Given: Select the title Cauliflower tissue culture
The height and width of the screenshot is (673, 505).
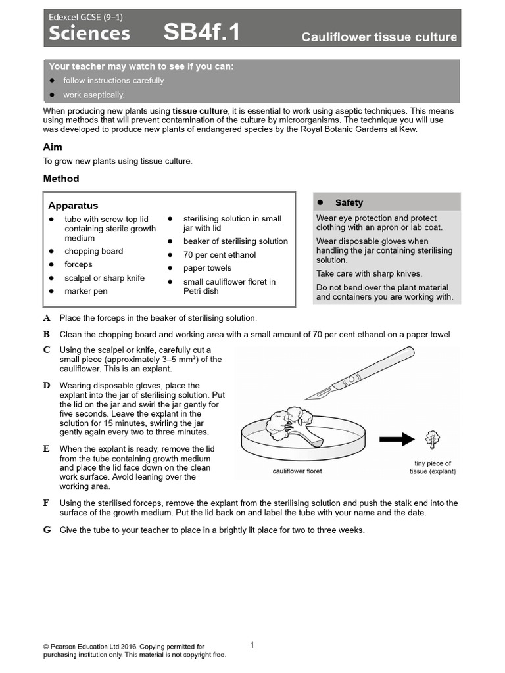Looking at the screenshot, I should tap(379, 37).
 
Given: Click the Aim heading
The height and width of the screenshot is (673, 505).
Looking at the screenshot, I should tap(53, 147).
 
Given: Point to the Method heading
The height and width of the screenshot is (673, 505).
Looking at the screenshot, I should tap(61, 179).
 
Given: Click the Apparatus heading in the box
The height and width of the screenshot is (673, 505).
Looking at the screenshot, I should tap(73, 206).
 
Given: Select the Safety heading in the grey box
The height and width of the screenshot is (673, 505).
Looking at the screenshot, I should tap(349, 203).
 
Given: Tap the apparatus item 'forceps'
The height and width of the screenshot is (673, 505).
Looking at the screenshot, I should tap(78, 264).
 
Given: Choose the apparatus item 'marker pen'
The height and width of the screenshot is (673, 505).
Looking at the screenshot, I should tap(85, 291).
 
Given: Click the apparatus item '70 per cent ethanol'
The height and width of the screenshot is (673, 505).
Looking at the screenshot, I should tap(219, 255).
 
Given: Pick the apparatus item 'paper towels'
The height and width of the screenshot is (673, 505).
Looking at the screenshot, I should tap(207, 268).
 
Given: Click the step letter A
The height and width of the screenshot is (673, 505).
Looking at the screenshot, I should tap(47, 318).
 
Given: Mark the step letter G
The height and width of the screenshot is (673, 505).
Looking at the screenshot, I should tap(47, 530).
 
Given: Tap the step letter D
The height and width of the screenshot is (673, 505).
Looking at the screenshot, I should tap(47, 385).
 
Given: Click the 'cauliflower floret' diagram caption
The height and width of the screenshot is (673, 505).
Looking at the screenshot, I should tap(297, 471).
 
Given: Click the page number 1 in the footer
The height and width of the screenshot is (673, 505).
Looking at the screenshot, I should tap(252, 645).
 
